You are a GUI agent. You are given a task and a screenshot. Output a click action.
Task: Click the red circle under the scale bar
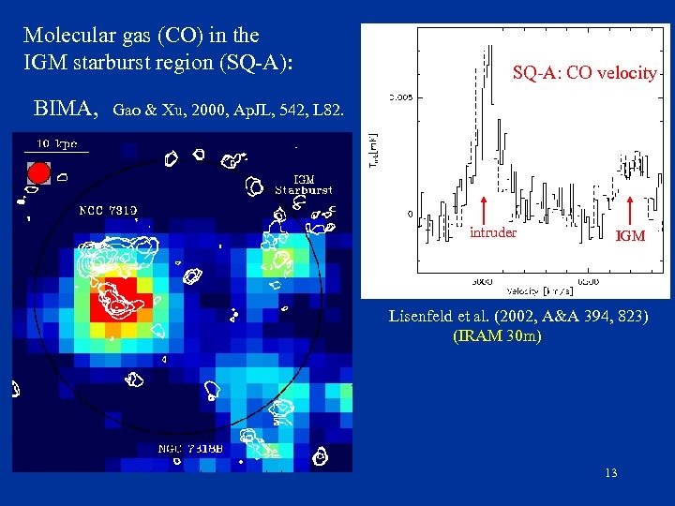point(38,172)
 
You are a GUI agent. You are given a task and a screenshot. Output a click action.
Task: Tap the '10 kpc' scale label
point(57,143)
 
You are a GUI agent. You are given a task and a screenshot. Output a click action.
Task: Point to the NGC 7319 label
point(108,210)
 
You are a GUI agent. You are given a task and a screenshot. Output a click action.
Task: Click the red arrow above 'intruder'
point(485,211)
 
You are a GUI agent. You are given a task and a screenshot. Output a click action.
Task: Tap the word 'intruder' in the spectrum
point(492,232)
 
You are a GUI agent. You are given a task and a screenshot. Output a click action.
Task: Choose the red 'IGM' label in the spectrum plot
point(629,236)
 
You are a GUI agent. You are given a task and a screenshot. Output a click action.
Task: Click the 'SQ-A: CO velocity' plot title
point(584,72)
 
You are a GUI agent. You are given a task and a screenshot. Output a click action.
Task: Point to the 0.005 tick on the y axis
point(399,97)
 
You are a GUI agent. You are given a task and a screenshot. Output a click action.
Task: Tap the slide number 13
point(611,472)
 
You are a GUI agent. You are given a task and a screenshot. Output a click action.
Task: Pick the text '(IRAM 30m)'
point(497,335)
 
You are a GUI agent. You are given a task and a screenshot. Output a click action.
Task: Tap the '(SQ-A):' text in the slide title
point(257,62)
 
